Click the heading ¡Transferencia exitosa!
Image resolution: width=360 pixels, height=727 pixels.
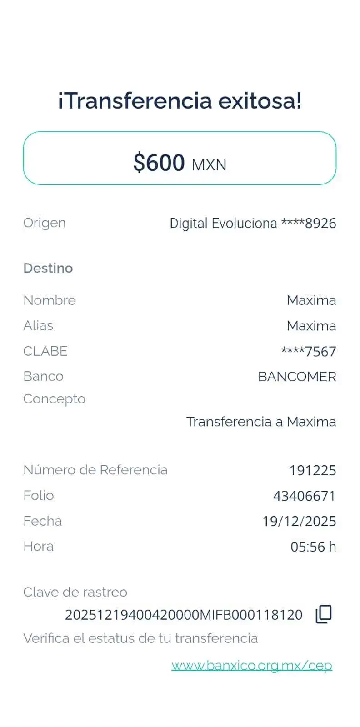[180, 100]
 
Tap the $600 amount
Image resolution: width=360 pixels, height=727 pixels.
[159, 163]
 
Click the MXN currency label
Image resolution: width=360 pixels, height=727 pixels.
[209, 164]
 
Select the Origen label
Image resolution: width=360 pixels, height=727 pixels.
[44, 223]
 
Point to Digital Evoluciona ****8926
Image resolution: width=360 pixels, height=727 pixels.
[253, 224]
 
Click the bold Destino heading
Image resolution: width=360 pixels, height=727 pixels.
[48, 268]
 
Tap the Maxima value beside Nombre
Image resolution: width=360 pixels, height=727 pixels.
[311, 300]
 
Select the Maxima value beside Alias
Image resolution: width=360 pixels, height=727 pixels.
[311, 326]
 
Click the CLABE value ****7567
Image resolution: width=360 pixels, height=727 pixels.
[309, 351]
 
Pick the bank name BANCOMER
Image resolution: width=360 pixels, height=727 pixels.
[297, 377]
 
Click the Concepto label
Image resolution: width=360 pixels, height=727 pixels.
[54, 399]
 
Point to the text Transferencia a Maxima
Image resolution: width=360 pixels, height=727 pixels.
[261, 422]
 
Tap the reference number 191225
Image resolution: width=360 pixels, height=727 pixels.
[313, 470]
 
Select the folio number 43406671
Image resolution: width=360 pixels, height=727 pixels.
[304, 496]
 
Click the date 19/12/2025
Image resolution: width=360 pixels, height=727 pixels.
[299, 521]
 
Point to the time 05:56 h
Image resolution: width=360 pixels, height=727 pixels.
[313, 547]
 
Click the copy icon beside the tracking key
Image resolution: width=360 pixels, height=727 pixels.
[324, 614]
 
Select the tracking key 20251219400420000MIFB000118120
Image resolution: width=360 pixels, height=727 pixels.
[184, 615]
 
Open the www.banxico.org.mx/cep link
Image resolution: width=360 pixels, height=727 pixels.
[252, 666]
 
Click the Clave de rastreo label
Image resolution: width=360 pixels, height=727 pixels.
[75, 592]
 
